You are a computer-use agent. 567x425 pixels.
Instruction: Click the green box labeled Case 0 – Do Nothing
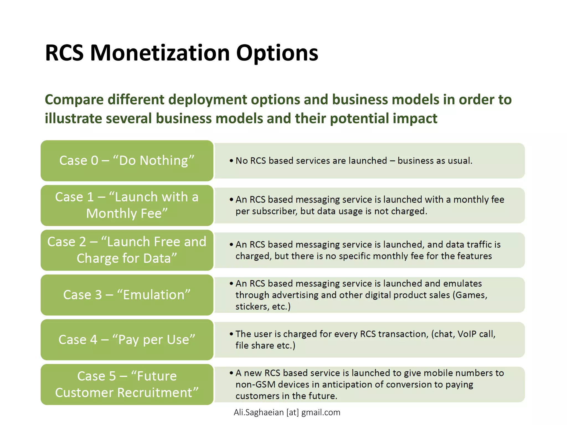point(127,160)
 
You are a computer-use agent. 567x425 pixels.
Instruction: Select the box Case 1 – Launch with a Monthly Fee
point(127,205)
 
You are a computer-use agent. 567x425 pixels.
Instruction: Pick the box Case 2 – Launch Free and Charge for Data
point(127,250)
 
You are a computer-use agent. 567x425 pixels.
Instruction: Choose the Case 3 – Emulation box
point(127,295)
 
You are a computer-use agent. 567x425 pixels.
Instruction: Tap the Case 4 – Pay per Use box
point(127,340)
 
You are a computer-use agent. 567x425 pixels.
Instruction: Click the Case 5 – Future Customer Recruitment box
point(127,385)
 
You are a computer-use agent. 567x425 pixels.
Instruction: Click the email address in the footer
point(287,412)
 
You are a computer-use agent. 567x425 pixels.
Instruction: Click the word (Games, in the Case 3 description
point(470,295)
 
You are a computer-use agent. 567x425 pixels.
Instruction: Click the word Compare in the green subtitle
point(74,100)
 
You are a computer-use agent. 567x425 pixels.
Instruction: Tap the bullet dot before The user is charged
point(231,334)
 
